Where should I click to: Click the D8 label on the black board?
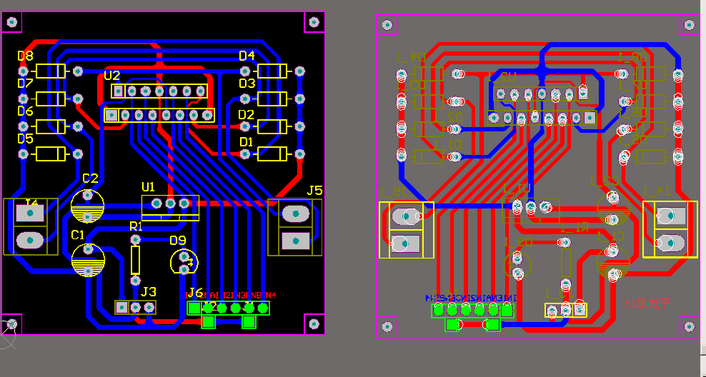pyautogui.click(x=25, y=56)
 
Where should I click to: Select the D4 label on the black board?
pyautogui.click(x=247, y=56)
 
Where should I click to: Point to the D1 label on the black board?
pyautogui.click(x=246, y=143)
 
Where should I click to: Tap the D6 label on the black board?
pyautogui.click(x=25, y=111)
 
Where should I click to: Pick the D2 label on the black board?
pyautogui.click(x=246, y=115)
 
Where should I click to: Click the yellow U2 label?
pyautogui.click(x=112, y=76)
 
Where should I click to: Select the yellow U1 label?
pyautogui.click(x=148, y=187)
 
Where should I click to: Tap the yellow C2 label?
pyautogui.click(x=90, y=179)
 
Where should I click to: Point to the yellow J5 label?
pyautogui.click(x=314, y=191)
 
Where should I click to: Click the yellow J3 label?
pyautogui.click(x=148, y=291)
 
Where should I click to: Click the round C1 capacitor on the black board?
pyautogui.click(x=88, y=260)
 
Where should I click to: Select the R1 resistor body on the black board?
pyautogui.click(x=136, y=260)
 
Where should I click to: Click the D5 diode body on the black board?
pyautogui.click(x=50, y=154)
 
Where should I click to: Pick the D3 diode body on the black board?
pyautogui.click(x=272, y=99)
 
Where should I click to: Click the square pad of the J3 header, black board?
pyautogui.click(x=121, y=307)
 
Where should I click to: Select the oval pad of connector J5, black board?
pyautogui.click(x=294, y=213)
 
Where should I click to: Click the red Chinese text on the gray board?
pyautogui.click(x=647, y=303)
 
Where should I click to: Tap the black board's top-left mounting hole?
pyautogui.click(x=12, y=22)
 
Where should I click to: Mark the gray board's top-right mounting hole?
pyautogui.click(x=688, y=25)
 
